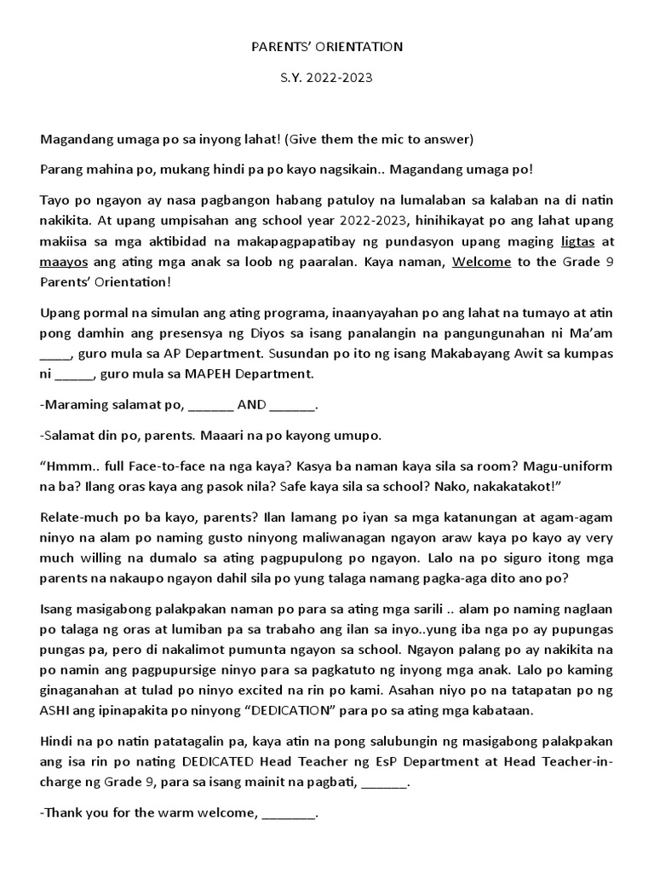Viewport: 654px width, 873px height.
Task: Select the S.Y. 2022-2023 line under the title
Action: pyautogui.click(x=327, y=78)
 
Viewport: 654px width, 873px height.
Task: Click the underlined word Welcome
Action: pyautogui.click(x=481, y=263)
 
